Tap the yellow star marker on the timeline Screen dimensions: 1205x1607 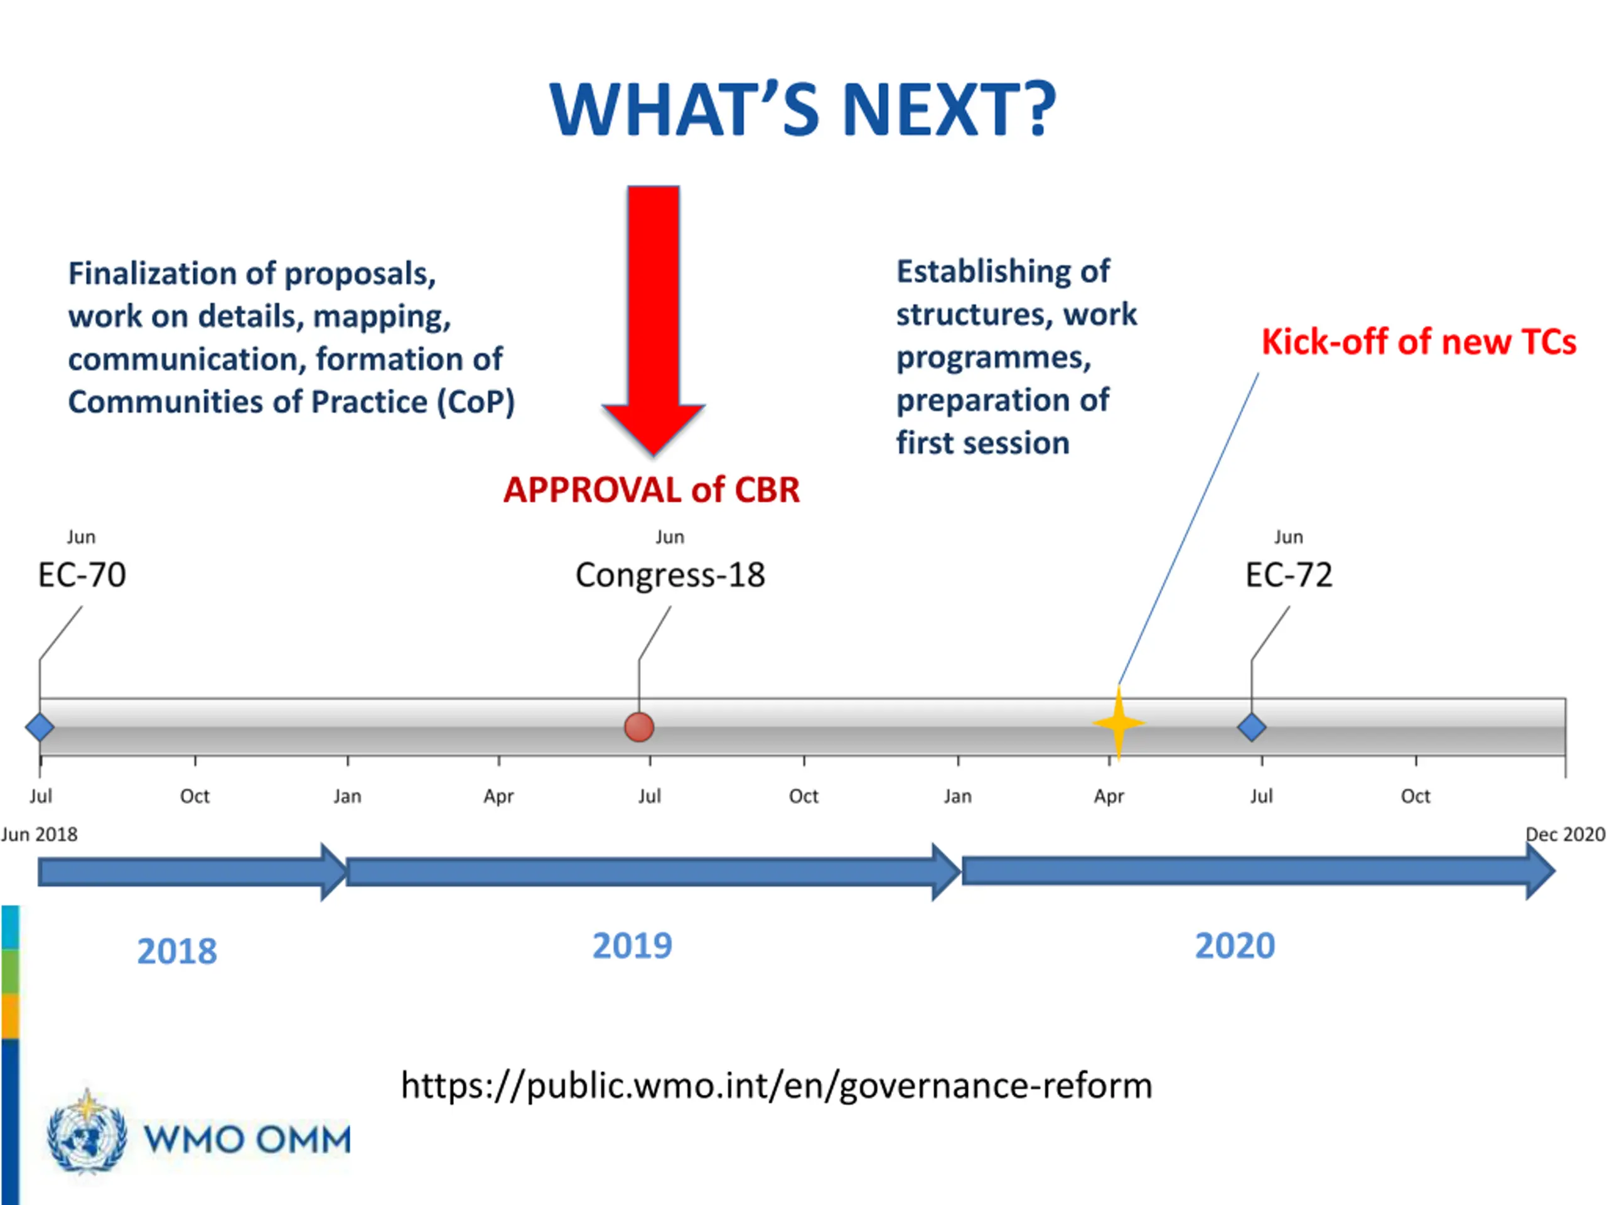pos(1119,724)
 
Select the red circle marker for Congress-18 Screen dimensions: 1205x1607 pos(639,727)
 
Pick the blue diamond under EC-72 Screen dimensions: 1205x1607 pos(1252,727)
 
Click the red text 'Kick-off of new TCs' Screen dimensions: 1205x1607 pos(1418,342)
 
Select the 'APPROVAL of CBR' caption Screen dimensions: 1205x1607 pos(652,490)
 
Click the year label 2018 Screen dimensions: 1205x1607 pos(177,951)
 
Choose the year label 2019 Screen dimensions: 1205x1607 pos(632,946)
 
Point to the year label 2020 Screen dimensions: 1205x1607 pos(1235,946)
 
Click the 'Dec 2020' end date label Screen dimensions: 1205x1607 pos(1564,835)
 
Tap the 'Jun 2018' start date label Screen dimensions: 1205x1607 pos(39,835)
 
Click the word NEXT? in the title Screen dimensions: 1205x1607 pos(948,110)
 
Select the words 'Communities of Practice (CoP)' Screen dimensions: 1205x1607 pos(291,402)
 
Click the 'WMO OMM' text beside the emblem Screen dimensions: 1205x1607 pos(247,1140)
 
